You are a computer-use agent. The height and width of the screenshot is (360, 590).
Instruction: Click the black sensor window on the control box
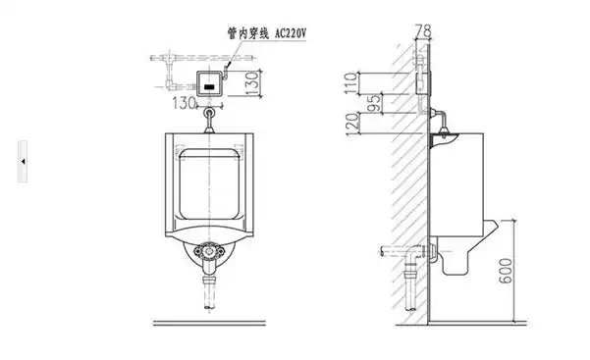point(209,85)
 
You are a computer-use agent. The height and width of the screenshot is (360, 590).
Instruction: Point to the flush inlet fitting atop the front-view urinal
point(210,119)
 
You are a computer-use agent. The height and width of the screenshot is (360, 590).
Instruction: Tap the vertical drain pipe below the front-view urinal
point(209,293)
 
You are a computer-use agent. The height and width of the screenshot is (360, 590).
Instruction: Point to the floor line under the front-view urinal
point(209,320)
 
